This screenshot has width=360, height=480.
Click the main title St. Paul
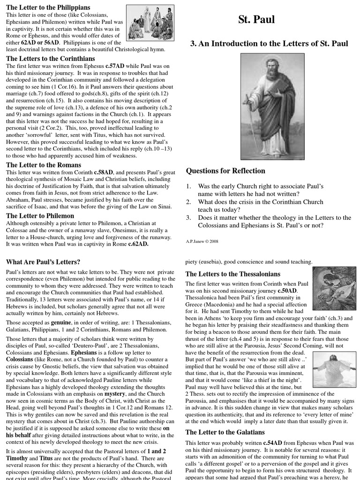pyautogui.click(x=256, y=20)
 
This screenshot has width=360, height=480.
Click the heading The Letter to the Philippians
pyautogui.click(x=48, y=7)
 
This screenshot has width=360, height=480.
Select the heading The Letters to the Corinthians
pyautogui.click(x=50, y=59)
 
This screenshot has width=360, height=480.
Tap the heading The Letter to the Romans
pyautogui.click(x=44, y=165)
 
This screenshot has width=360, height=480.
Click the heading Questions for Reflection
pyautogui.click(x=225, y=171)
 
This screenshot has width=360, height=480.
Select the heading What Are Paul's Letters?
pyautogui.click(x=43, y=262)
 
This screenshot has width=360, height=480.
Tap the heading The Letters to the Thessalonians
pyautogui.click(x=233, y=274)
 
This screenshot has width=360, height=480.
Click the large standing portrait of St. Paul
pyautogui.click(x=272, y=106)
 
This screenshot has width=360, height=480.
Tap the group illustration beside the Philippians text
pyautogui.click(x=150, y=23)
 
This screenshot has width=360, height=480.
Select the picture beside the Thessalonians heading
pyautogui.click(x=334, y=288)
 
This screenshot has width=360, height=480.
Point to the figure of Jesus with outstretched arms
pyautogui.click(x=334, y=368)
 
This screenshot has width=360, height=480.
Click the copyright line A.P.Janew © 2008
pyautogui.click(x=202, y=241)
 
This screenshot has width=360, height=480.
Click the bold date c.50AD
pyautogui.click(x=287, y=291)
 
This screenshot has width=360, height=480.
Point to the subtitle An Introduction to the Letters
pyautogui.click(x=269, y=44)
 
